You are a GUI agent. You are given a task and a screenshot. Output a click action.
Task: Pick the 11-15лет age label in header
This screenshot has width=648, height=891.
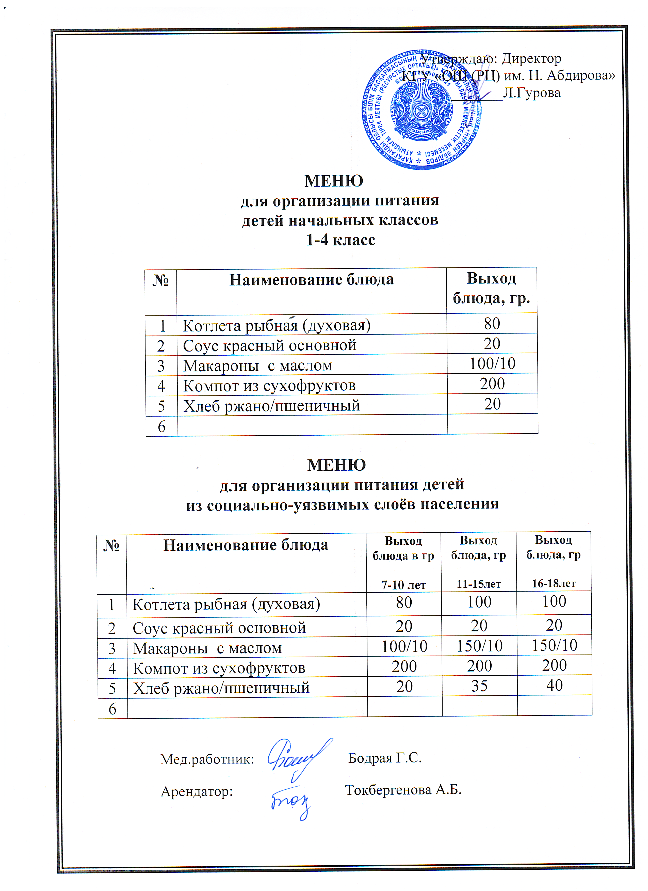click(478, 584)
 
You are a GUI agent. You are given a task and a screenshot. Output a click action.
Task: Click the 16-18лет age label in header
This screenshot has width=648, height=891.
click(554, 583)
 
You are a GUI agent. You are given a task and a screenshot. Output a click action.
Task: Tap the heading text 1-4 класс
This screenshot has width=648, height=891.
click(341, 240)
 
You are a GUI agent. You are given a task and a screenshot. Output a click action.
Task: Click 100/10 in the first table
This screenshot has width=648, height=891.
click(492, 364)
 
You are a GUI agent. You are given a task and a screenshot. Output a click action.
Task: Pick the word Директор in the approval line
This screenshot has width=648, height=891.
click(532, 58)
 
